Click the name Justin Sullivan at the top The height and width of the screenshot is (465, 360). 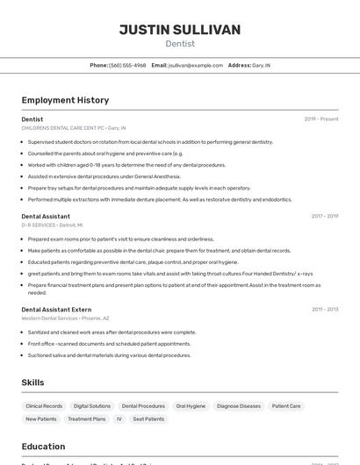click(180, 30)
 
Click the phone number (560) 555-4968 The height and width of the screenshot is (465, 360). click(127, 65)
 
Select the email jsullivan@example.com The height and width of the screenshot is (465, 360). click(196, 65)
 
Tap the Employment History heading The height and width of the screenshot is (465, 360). click(65, 100)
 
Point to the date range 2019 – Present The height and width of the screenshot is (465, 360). click(321, 119)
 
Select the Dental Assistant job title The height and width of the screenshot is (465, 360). click(46, 216)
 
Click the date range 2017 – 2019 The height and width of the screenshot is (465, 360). click(324, 216)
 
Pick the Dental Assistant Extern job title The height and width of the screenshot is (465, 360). click(56, 309)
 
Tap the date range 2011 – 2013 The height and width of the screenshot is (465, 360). click(324, 309)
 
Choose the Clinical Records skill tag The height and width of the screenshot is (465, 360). click(44, 406)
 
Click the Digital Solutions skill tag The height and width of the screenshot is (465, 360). click(92, 406)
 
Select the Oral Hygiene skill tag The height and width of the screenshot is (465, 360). click(191, 406)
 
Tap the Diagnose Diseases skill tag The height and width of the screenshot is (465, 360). click(239, 406)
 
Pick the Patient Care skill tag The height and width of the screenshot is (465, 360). click(286, 406)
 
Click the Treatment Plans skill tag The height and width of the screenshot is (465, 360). click(87, 419)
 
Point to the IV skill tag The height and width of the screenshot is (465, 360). click(119, 419)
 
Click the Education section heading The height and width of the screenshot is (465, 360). click(43, 446)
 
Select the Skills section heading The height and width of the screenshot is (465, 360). click(32, 383)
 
